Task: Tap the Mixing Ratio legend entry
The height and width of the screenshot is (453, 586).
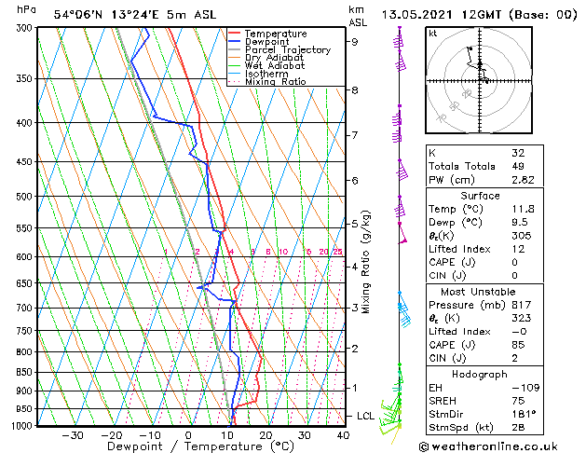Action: click(276, 82)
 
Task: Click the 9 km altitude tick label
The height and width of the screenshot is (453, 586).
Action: click(354, 41)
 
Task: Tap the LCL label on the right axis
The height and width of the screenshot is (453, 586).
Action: click(365, 416)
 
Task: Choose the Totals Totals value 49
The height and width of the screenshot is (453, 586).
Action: click(519, 166)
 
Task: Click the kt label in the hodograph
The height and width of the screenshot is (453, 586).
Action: click(433, 33)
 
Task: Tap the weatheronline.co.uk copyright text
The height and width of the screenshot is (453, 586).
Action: click(501, 446)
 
